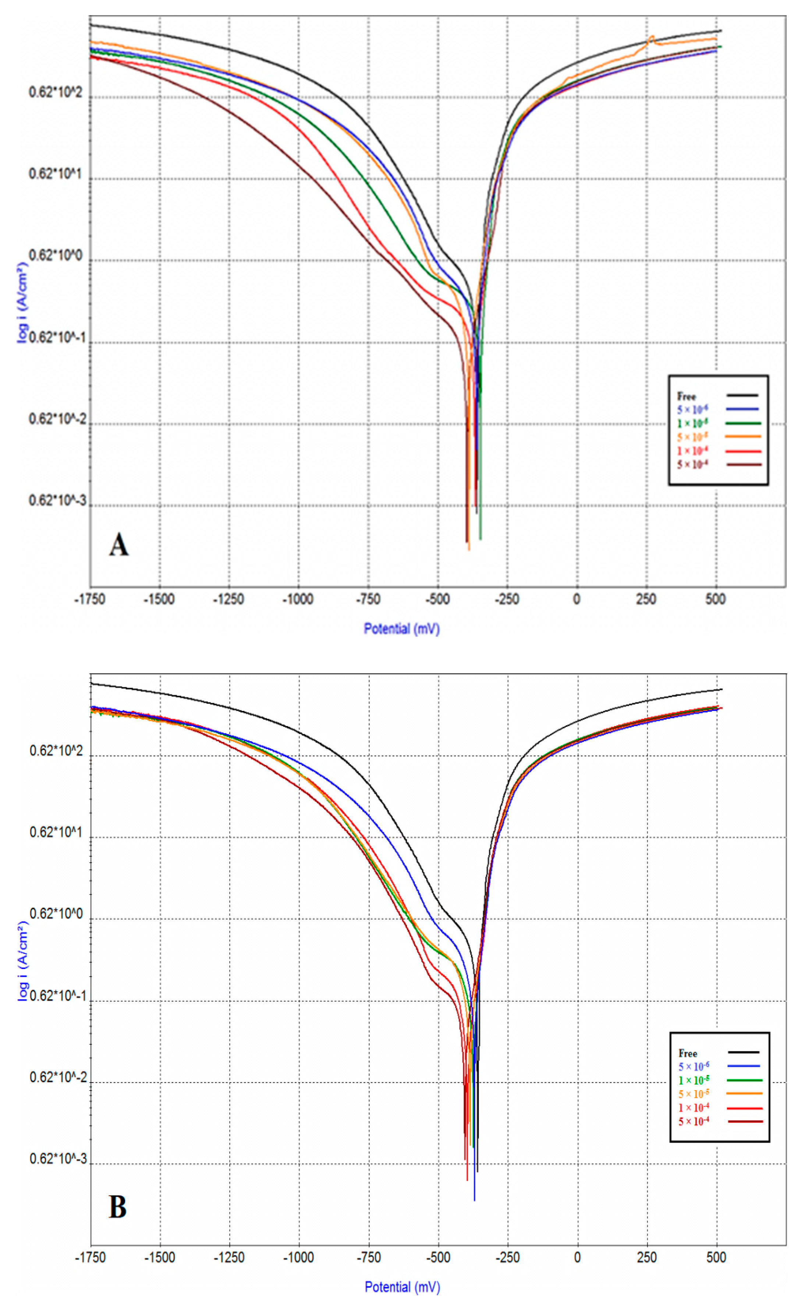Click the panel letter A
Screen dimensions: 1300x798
[119, 545]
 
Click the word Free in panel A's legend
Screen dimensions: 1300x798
[687, 396]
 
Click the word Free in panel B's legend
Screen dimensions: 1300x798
[688, 1053]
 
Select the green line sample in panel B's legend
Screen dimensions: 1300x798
[744, 1080]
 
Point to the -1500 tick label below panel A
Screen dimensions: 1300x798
[159, 599]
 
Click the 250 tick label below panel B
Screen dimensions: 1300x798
[646, 1257]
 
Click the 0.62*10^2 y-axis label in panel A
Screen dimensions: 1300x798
[56, 93]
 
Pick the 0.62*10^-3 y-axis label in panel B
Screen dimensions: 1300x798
[58, 1159]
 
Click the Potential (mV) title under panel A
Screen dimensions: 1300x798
[402, 629]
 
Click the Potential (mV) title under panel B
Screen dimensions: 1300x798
[402, 1287]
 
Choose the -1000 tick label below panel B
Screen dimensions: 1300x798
[298, 1257]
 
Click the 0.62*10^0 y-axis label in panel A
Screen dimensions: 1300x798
[56, 256]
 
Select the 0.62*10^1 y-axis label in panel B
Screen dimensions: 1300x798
[56, 833]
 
